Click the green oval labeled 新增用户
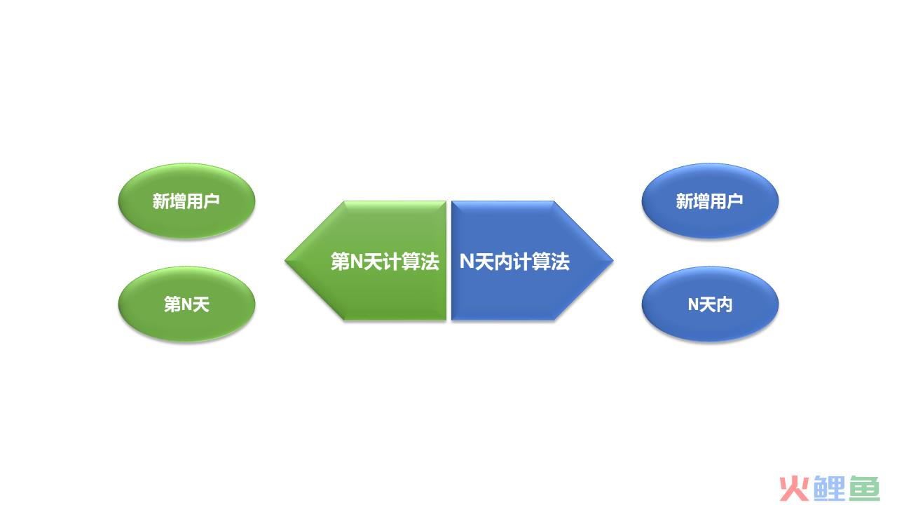(x=186, y=201)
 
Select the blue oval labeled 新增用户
(x=710, y=201)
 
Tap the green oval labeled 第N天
(x=186, y=304)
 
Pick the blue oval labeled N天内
(x=710, y=304)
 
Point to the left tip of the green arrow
(x=285, y=260)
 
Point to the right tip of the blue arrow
(x=612, y=260)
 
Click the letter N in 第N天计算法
(x=357, y=262)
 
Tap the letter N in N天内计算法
(x=467, y=262)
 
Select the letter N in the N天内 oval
(x=693, y=304)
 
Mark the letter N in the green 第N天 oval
(x=186, y=304)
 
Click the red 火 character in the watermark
(x=795, y=489)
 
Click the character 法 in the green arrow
(x=430, y=262)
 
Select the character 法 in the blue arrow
(x=560, y=262)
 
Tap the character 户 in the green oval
(x=212, y=201)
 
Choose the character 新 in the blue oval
(x=685, y=201)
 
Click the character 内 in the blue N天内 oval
(x=725, y=304)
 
